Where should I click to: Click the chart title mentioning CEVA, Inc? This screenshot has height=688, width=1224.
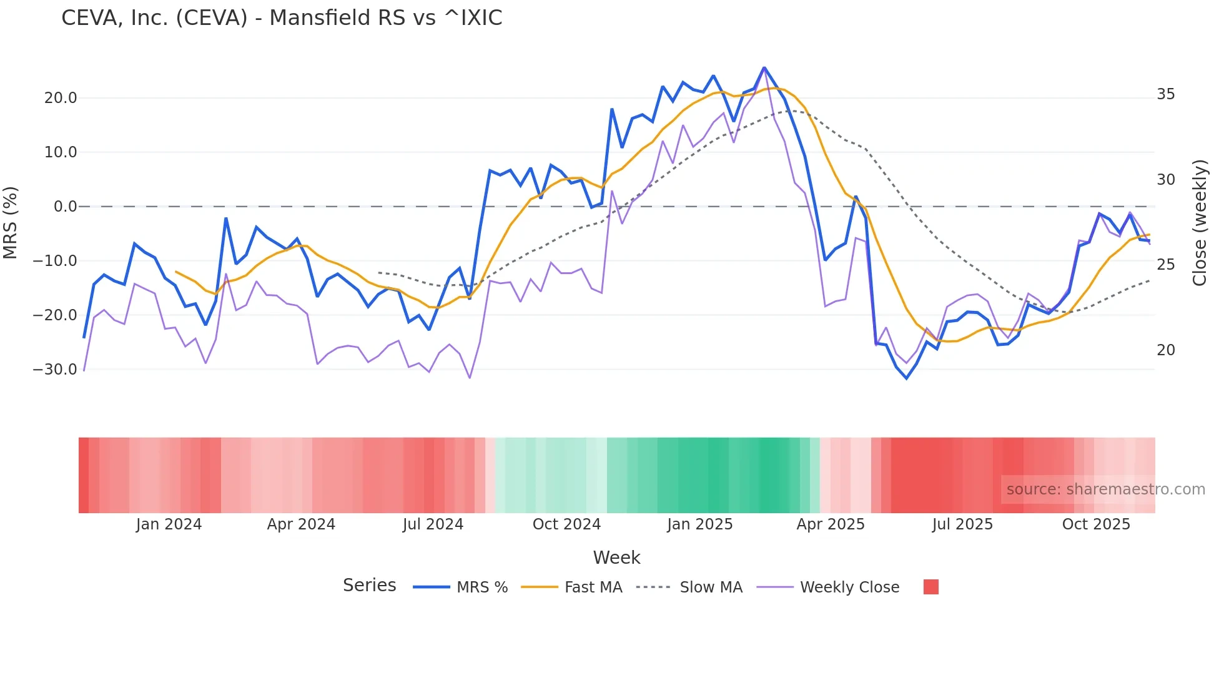[282, 17]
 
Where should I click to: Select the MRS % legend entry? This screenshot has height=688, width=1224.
[481, 587]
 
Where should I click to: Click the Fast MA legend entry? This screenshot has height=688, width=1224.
[593, 587]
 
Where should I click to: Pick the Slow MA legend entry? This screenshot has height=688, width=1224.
[711, 587]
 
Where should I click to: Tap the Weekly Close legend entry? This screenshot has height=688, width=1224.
[849, 587]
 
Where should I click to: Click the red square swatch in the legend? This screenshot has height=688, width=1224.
[930, 587]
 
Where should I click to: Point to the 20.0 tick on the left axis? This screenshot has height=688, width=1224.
[61, 98]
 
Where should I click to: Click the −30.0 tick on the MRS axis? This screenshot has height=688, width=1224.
[55, 370]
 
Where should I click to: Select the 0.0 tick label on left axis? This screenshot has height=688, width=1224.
[66, 207]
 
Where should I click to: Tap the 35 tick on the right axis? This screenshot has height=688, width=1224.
[1165, 94]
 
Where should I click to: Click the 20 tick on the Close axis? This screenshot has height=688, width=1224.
[1165, 350]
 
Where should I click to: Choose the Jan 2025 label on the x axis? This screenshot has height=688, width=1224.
[699, 524]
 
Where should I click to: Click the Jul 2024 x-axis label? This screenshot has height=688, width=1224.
[433, 524]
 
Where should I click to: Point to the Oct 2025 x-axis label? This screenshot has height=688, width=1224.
[1096, 524]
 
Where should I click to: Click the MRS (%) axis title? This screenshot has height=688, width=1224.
[11, 223]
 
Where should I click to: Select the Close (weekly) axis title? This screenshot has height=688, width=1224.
[1200, 223]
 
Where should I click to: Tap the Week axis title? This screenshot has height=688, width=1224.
[616, 558]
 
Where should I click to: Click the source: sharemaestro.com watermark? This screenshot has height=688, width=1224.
[1105, 489]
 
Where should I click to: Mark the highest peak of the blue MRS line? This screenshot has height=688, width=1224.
[764, 67]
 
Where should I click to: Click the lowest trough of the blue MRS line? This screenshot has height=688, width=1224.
[907, 378]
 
